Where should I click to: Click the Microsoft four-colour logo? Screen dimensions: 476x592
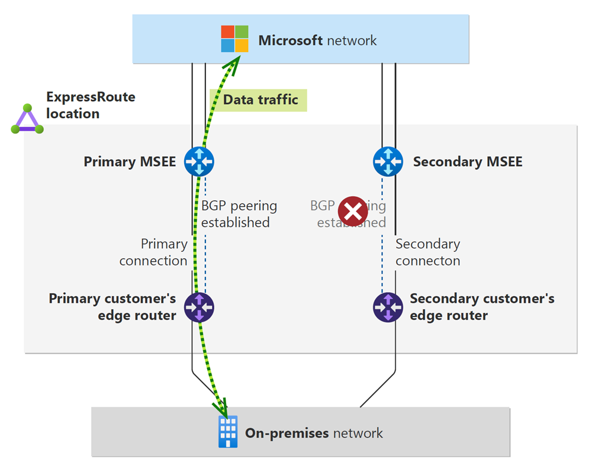(x=234, y=39)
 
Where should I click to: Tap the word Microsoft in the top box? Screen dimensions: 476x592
(x=290, y=41)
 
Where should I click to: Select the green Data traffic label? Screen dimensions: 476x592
(x=260, y=100)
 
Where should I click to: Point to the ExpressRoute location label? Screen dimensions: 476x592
(x=91, y=105)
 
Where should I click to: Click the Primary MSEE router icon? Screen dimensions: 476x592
(x=199, y=161)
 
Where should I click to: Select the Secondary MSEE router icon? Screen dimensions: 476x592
(x=388, y=161)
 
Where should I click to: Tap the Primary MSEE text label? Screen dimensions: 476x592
(x=130, y=161)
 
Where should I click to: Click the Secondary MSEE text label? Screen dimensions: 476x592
(x=468, y=161)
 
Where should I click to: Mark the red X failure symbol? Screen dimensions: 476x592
(x=352, y=211)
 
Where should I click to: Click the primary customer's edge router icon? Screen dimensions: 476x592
(x=199, y=307)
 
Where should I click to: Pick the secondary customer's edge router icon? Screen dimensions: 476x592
(x=388, y=307)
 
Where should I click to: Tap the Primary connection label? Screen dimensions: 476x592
(x=153, y=252)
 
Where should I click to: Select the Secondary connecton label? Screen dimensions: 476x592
(x=427, y=252)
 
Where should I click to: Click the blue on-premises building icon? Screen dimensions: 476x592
(x=228, y=432)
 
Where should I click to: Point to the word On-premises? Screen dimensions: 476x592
(x=287, y=433)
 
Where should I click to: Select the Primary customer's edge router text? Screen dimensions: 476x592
(x=112, y=307)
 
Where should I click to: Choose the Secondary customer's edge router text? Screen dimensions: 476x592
(x=482, y=307)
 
